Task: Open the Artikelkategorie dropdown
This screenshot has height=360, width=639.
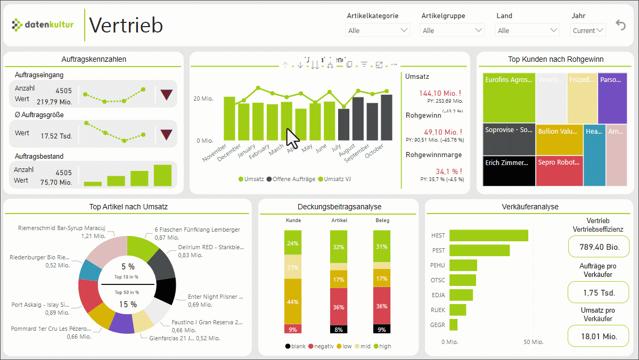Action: point(378,30)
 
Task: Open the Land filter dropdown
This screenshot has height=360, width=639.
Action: point(527,30)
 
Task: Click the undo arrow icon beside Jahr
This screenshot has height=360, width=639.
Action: point(620,25)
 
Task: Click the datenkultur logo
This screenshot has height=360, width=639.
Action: point(43,24)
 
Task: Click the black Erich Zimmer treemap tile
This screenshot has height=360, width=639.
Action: point(509,170)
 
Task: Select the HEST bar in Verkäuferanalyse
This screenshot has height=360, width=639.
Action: point(488,235)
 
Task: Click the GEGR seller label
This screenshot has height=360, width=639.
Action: point(438,324)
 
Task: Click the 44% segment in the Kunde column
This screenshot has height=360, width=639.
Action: point(293,301)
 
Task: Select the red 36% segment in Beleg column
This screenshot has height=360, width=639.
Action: point(381,306)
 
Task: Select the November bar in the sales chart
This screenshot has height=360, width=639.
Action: point(230,119)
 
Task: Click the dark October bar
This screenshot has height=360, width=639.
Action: point(386,118)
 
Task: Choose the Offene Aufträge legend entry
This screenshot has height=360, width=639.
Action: point(292,179)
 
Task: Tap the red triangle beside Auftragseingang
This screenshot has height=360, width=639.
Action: point(167,95)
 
